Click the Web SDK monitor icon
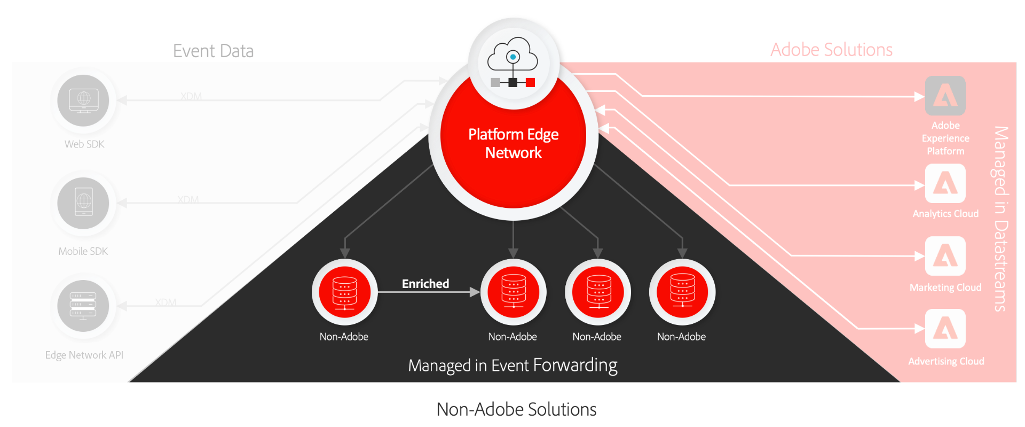pos(84,100)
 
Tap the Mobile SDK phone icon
pos(84,203)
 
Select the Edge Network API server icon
pos(84,306)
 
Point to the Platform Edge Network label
pos(513,143)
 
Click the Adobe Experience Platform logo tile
pos(945,96)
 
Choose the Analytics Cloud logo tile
pos(945,184)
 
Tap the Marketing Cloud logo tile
pos(945,257)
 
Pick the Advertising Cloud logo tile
pos(945,329)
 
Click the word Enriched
pos(425,284)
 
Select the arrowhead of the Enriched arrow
pos(474,292)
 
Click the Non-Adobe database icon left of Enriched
pos(345,292)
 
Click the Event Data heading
pos(213,51)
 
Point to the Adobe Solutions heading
pos(831,50)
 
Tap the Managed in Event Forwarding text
pos(512,366)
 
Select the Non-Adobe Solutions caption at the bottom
pos(516,409)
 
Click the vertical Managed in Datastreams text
pos(1000,219)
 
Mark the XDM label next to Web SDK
pos(191,97)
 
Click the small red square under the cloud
pos(530,82)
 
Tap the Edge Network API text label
pos(84,355)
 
